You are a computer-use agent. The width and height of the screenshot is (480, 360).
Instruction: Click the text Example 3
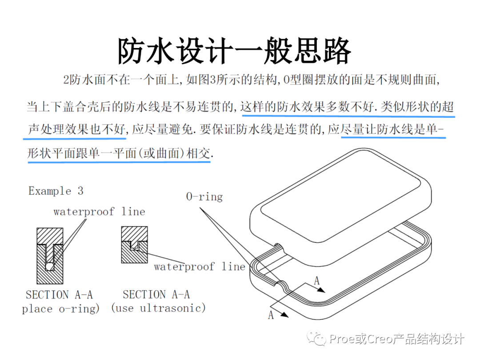(56, 191)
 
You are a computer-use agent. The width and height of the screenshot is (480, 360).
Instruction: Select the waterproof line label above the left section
(99, 212)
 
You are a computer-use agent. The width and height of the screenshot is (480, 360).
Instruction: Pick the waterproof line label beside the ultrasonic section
(200, 267)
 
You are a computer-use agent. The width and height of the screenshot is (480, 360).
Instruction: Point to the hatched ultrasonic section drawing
(135, 244)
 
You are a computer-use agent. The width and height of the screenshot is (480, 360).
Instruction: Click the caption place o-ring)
(61, 309)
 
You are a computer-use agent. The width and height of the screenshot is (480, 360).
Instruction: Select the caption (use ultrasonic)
(158, 308)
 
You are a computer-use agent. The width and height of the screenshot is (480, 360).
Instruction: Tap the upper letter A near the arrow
(317, 280)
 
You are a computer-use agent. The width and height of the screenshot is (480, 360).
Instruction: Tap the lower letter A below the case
(271, 315)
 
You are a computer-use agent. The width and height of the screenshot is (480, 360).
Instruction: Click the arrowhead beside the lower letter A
(285, 316)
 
